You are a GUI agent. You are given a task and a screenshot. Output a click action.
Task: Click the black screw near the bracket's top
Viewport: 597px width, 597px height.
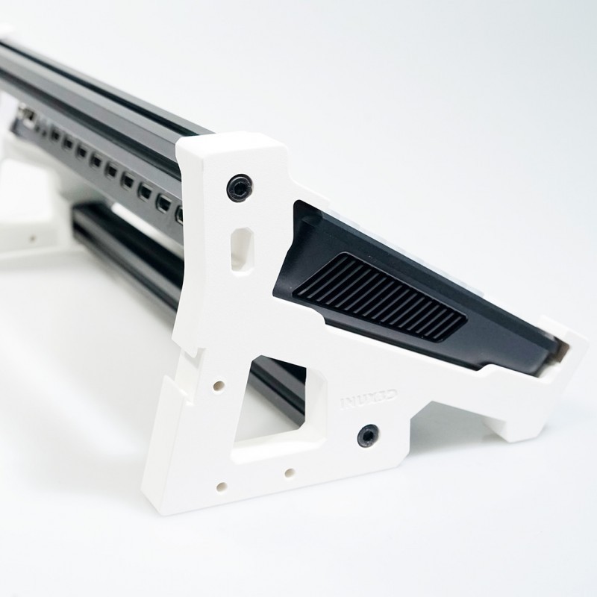pos(239,187)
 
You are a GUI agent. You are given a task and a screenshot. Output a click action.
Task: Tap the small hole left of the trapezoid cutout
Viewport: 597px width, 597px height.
pos(219,387)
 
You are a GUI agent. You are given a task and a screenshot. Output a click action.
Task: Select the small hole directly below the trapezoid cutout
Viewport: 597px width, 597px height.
pos(288,472)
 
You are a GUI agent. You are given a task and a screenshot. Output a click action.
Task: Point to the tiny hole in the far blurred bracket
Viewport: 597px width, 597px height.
pos(31,239)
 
